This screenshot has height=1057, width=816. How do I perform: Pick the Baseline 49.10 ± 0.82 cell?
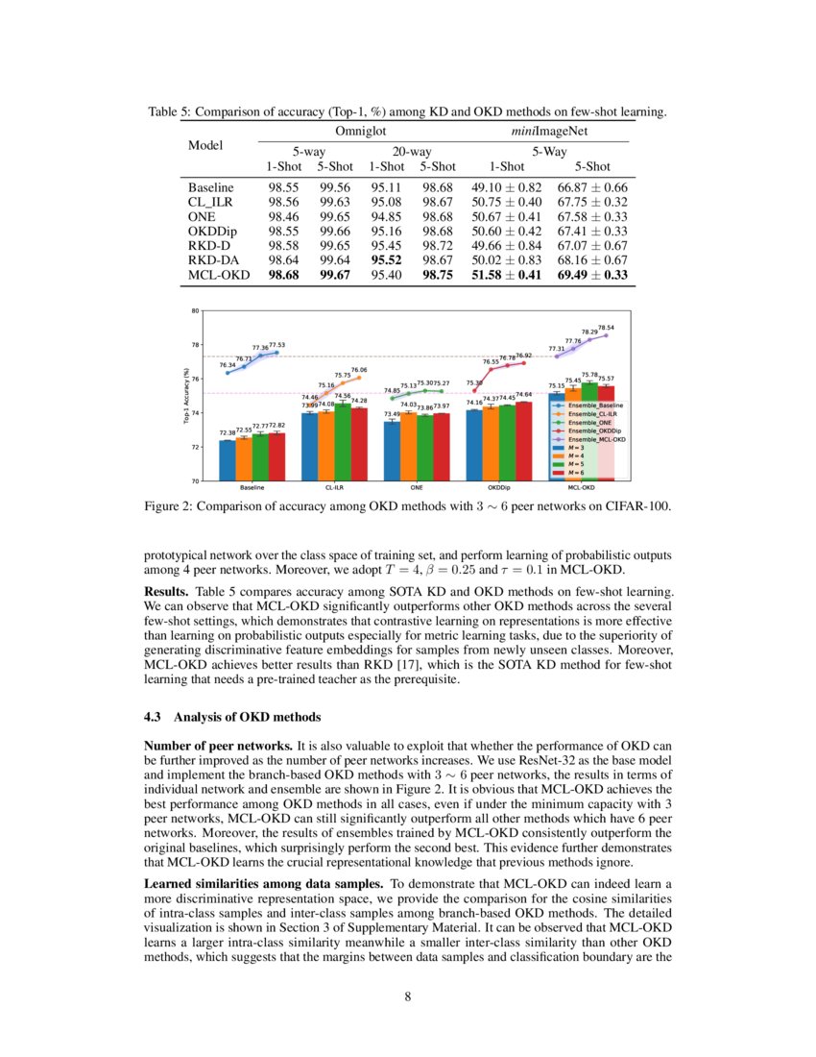point(505,186)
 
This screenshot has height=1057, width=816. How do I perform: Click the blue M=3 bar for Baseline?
point(227,460)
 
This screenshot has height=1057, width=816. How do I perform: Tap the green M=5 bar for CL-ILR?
point(343,443)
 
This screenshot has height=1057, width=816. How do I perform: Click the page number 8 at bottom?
point(408,996)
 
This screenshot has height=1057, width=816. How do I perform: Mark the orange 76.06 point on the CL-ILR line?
point(359,377)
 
